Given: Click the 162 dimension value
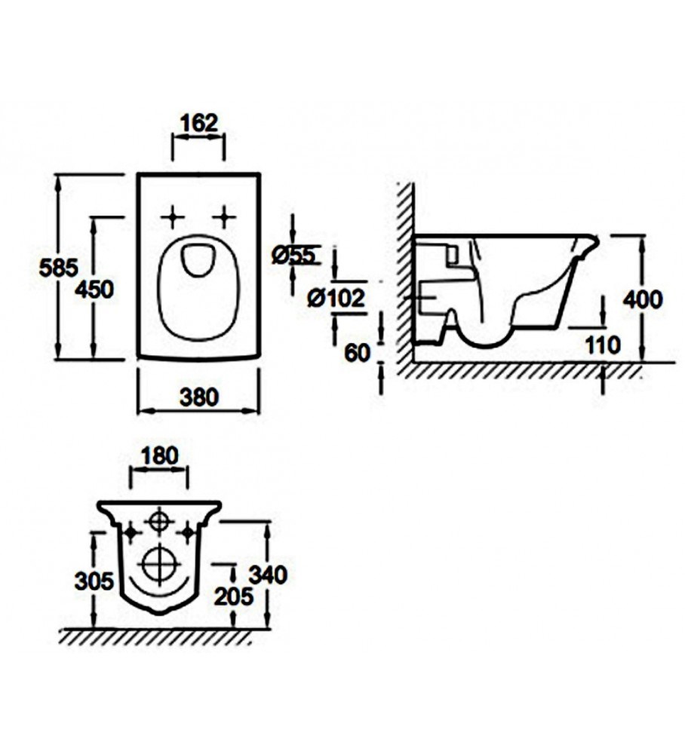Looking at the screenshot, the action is (x=199, y=123).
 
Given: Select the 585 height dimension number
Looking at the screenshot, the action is (x=59, y=268).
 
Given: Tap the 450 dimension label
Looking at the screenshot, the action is (x=94, y=290).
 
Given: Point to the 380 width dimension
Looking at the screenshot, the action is (x=199, y=397).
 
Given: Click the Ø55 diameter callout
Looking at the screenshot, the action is (x=293, y=255).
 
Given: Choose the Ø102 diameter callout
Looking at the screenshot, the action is (x=336, y=298).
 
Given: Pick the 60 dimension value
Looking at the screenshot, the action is (x=358, y=354).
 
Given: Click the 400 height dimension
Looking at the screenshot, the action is (x=643, y=299).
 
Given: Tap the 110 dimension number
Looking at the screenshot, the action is (x=603, y=345).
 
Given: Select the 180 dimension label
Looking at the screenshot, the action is (x=160, y=456).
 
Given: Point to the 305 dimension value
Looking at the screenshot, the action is (x=94, y=581).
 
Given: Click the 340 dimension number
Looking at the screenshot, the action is (x=268, y=575).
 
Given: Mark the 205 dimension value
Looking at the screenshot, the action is (x=234, y=596).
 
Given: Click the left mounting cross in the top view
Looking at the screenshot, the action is (x=173, y=218).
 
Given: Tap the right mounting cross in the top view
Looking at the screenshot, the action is (x=224, y=218).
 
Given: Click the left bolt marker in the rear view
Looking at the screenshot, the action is (x=131, y=533).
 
